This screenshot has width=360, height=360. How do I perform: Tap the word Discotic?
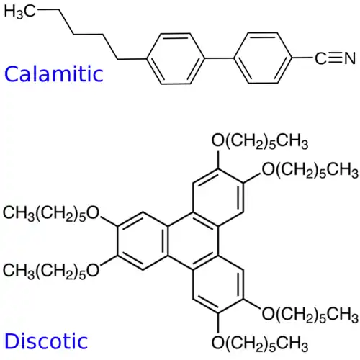[x=45, y=340]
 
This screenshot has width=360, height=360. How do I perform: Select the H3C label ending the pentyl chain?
[x=20, y=12]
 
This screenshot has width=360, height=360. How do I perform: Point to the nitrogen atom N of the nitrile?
[x=348, y=58]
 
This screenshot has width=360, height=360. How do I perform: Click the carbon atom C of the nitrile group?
[x=316, y=58]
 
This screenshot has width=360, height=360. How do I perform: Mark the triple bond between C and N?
[x=332, y=58]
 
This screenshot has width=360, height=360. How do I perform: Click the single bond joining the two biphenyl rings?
[x=217, y=58]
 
